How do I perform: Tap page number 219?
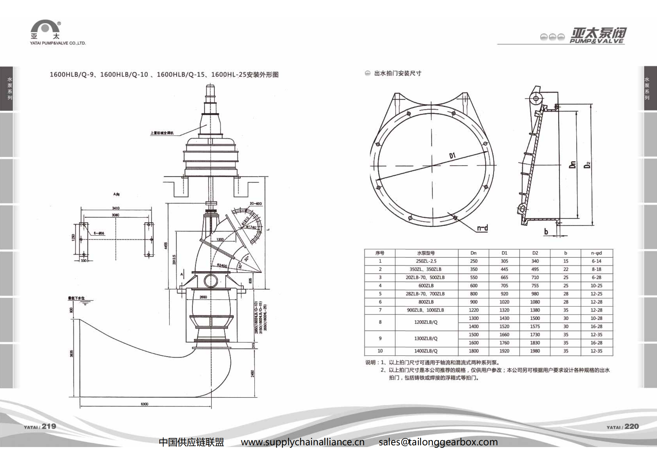[49, 426]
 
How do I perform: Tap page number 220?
[632, 426]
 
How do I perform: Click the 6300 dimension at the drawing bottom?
[145, 404]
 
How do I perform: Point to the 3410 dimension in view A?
[116, 208]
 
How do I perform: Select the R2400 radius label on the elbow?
[222, 265]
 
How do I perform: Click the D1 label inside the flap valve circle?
[452, 156]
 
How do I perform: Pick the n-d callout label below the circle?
[482, 228]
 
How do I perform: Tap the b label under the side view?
[546, 232]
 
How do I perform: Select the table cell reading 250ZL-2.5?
[426, 261]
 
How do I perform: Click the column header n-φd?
[596, 253]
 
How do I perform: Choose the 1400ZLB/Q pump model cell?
[426, 351]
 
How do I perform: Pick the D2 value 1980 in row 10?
[535, 351]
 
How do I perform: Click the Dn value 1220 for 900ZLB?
[474, 310]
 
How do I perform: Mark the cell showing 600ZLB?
[426, 286]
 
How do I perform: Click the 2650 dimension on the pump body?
[203, 297]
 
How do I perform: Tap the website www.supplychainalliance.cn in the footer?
[303, 442]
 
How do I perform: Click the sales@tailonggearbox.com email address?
[438, 442]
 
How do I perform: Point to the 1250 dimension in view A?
[73, 237]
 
